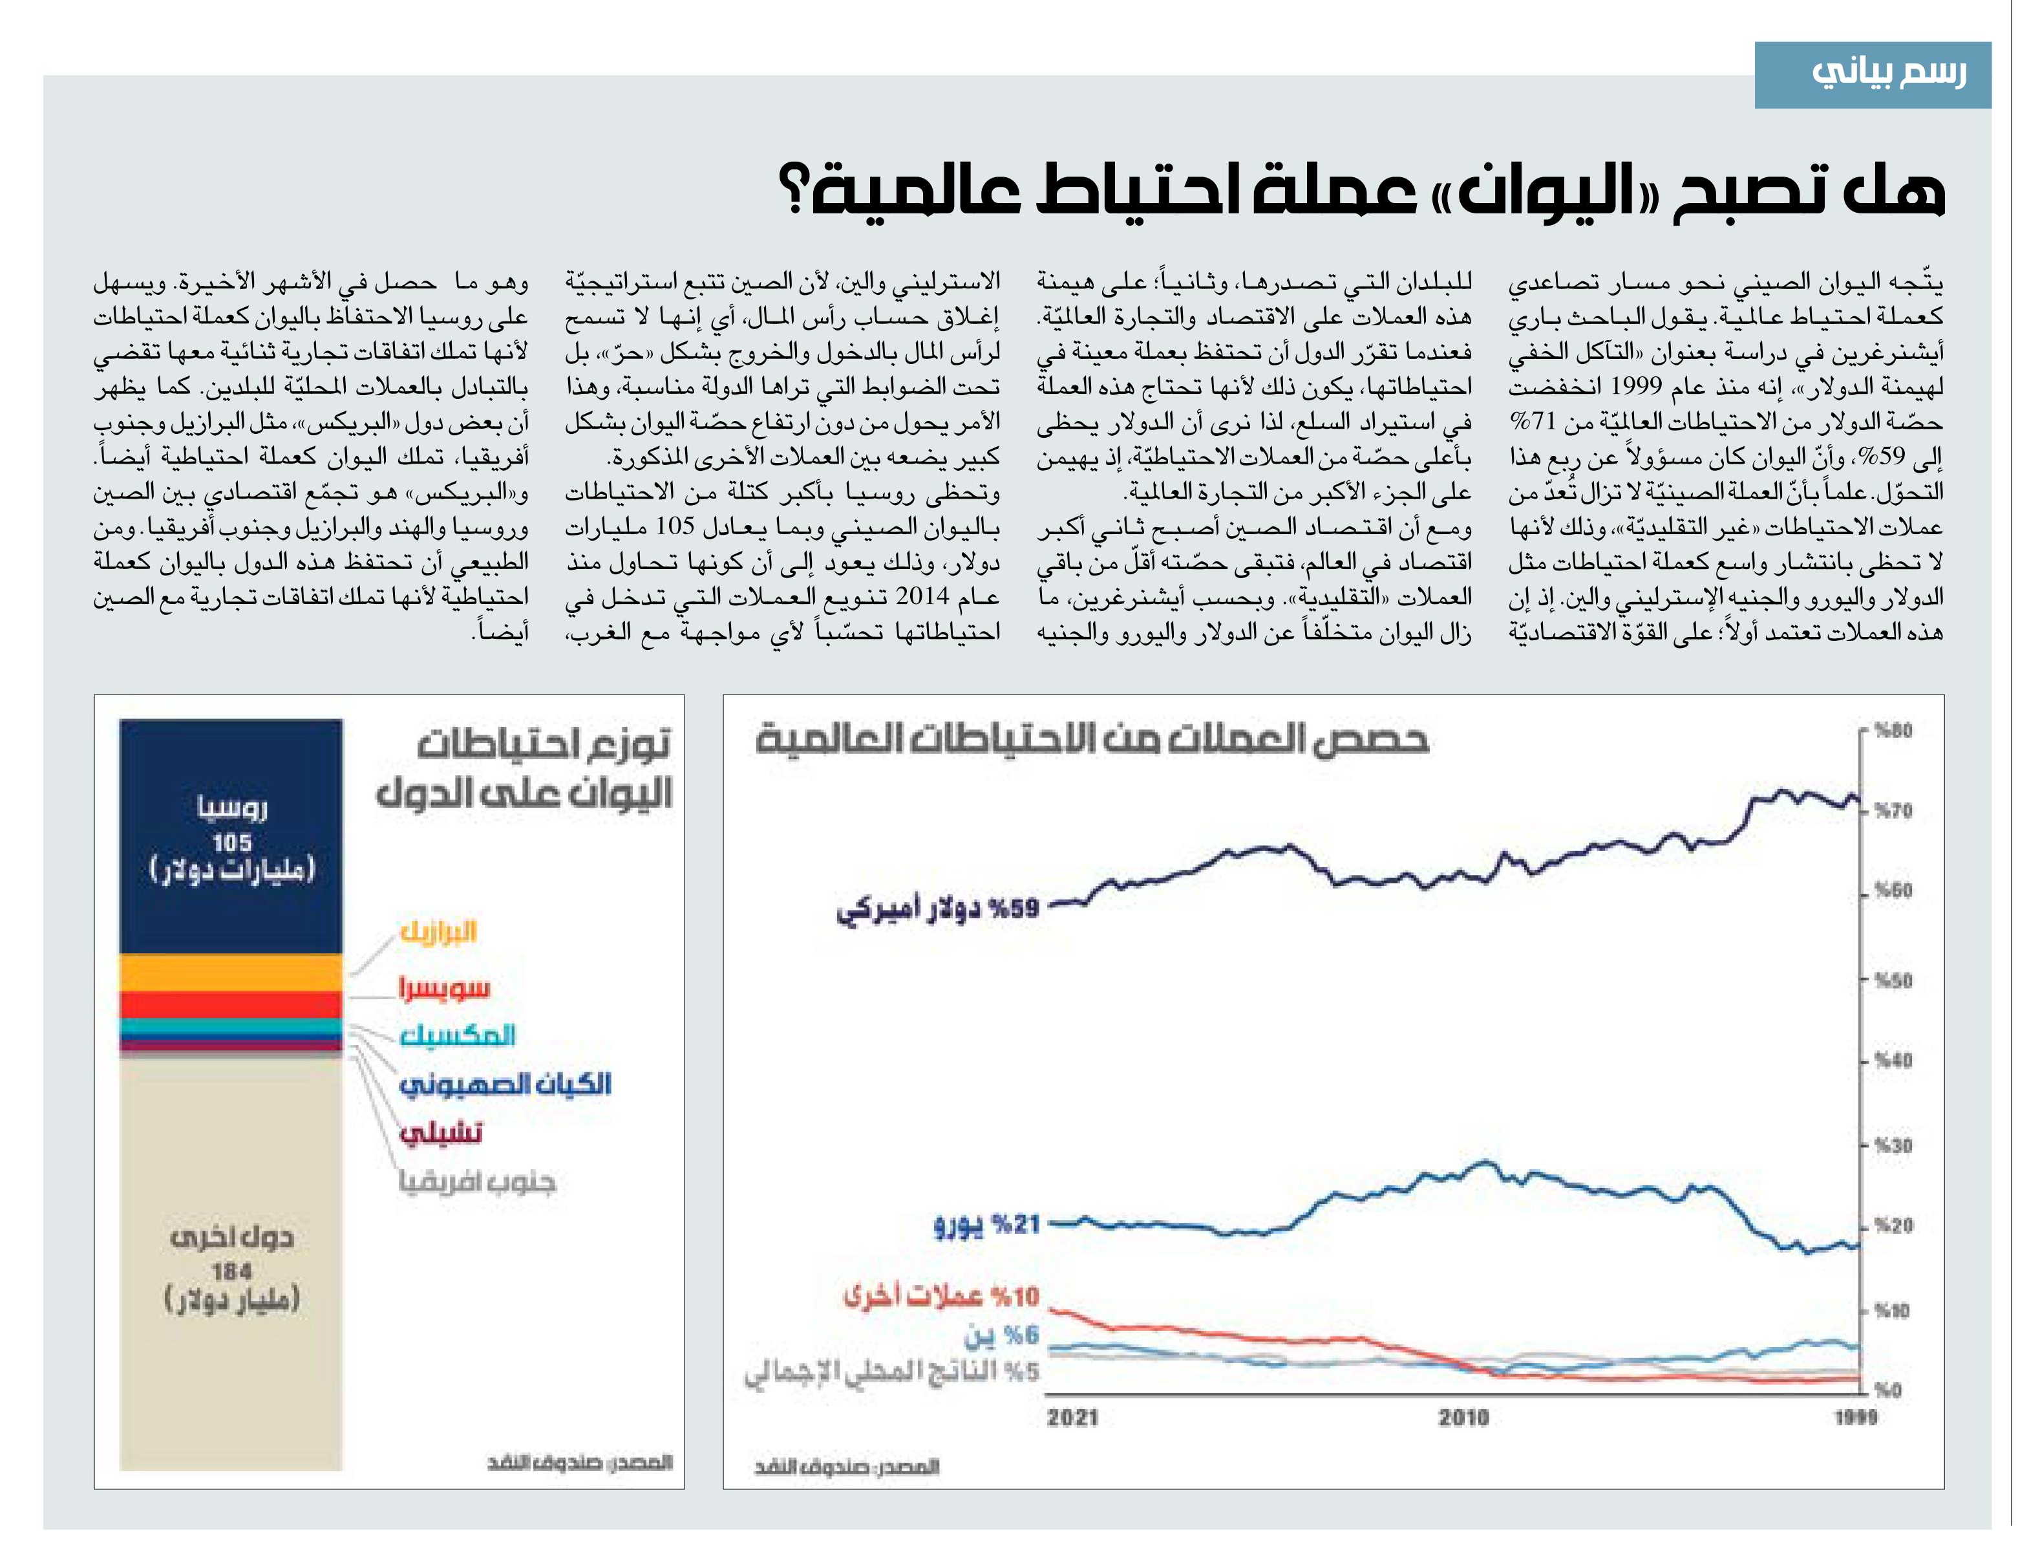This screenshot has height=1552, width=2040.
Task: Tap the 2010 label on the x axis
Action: [1463, 1418]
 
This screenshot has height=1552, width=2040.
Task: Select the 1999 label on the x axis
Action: [1855, 1418]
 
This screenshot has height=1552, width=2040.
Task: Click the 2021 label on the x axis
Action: [1073, 1418]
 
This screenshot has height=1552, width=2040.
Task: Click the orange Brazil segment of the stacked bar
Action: [231, 973]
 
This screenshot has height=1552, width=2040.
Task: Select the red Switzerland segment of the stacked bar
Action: [231, 1005]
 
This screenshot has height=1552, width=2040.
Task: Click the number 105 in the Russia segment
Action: [232, 843]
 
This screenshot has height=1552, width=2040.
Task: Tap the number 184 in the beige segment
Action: [232, 1271]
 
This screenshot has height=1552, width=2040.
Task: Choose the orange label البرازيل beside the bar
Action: [438, 931]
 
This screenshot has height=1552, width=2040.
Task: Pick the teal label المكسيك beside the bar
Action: [457, 1035]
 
